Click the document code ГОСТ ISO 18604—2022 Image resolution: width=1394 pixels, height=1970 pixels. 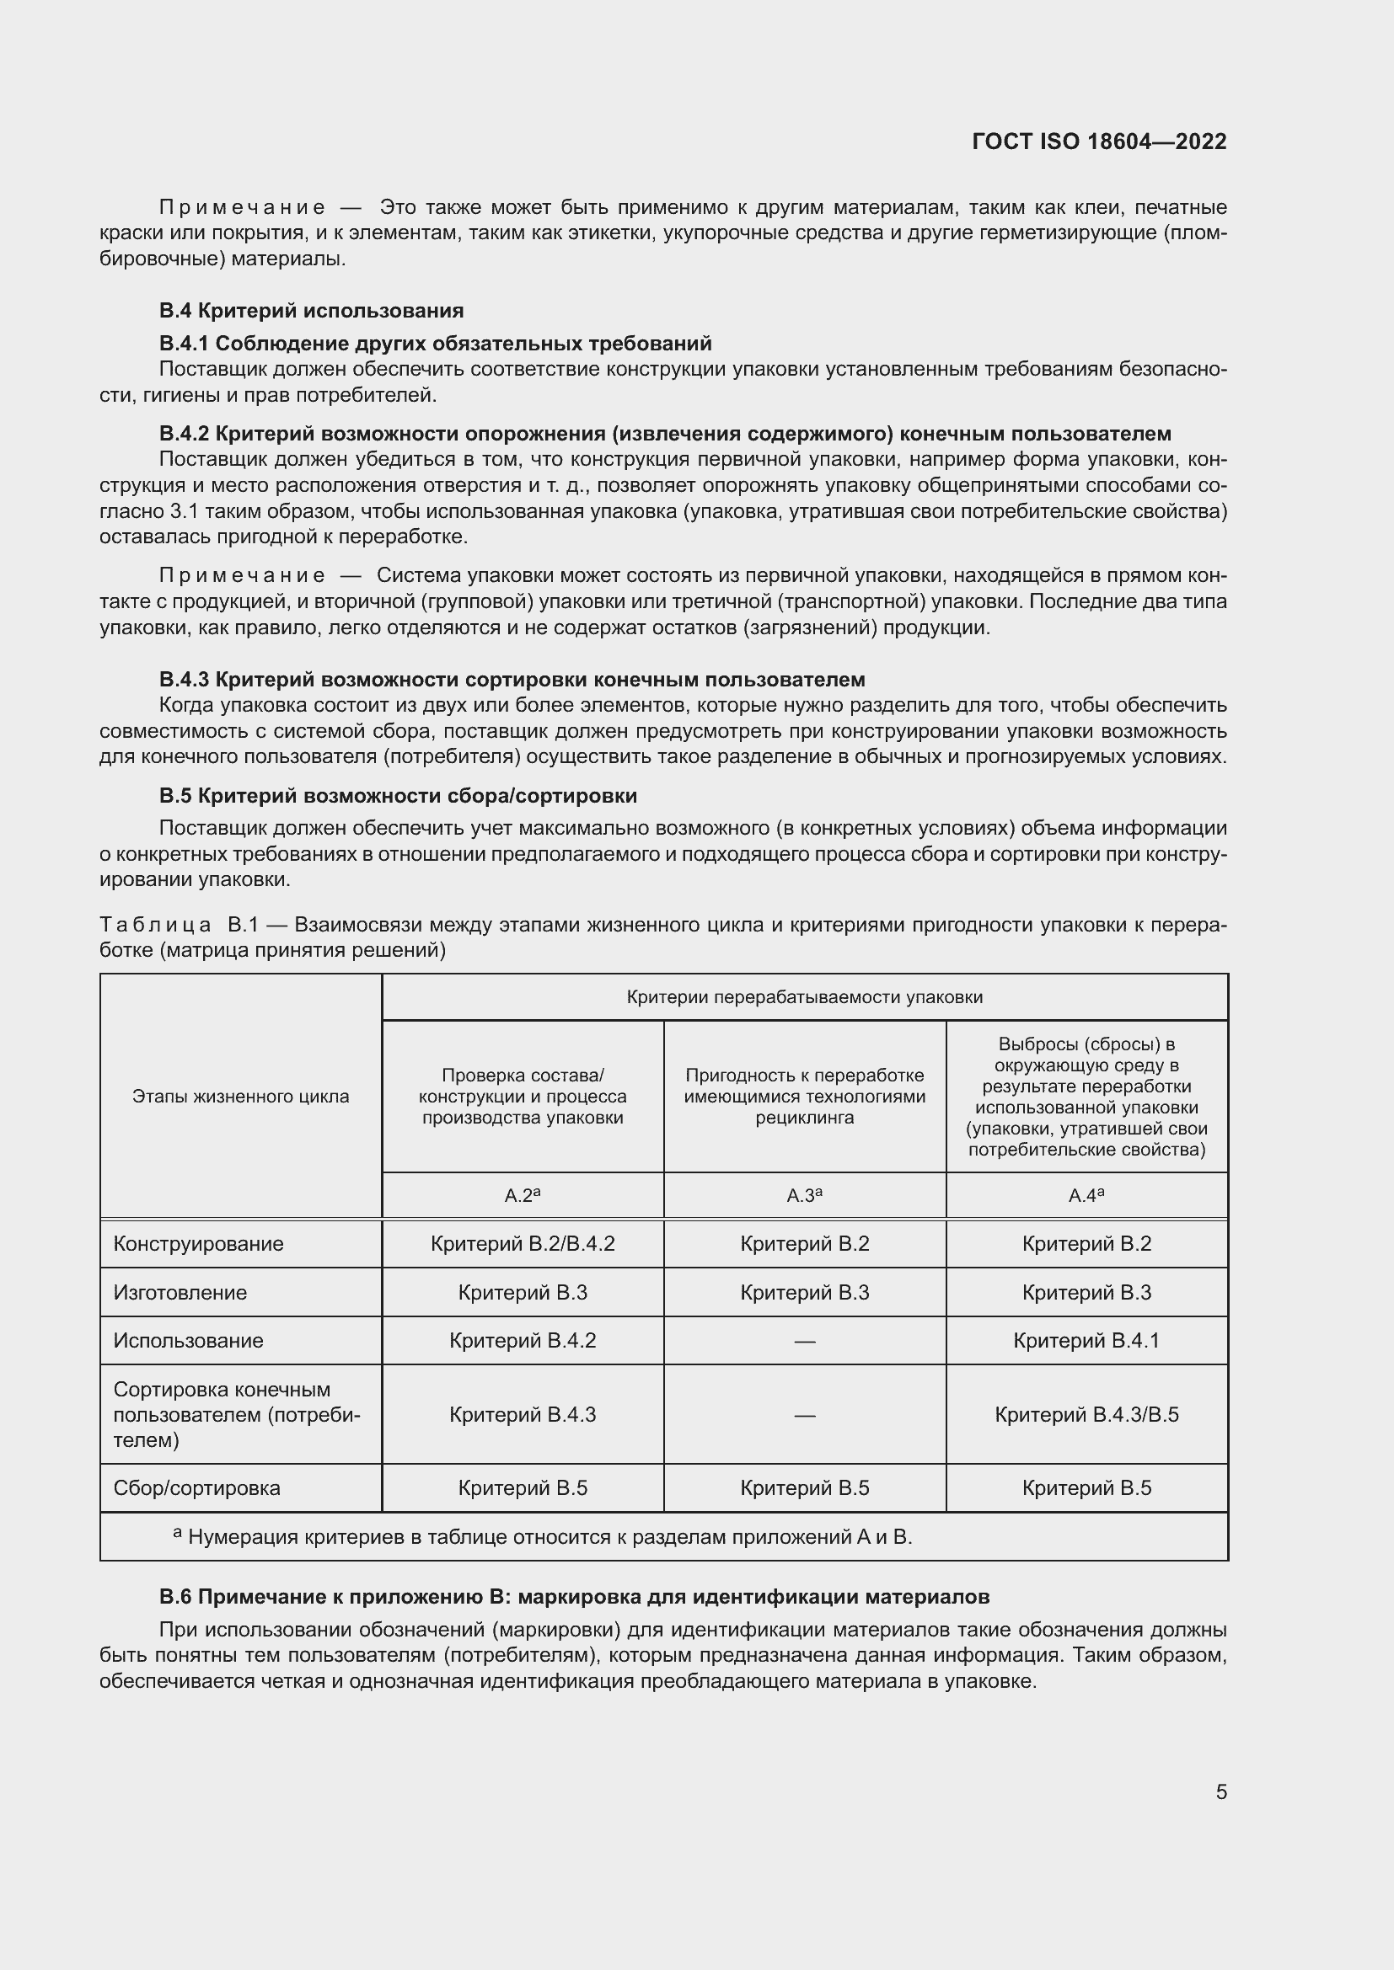1099,141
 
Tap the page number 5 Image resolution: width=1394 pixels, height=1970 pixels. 1220,1792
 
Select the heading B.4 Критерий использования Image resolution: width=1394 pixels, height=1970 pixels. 311,311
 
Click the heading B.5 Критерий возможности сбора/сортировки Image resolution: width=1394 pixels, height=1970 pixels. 398,795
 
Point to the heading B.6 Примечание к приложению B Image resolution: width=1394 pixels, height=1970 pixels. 573,1597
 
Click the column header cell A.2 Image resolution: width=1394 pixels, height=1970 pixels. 522,1195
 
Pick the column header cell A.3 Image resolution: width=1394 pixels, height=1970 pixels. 804,1195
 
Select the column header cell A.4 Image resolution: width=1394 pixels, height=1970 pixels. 1086,1195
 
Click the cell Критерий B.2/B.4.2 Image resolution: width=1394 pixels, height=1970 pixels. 522,1244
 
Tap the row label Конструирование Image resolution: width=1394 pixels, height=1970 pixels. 198,1244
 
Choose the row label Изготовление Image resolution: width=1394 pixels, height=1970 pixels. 180,1293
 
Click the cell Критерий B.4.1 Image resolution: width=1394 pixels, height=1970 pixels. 1086,1341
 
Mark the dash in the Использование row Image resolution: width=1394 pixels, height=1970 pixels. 804,1341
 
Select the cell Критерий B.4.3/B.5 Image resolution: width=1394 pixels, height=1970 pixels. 1086,1415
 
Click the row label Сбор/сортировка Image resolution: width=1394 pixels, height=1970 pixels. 196,1488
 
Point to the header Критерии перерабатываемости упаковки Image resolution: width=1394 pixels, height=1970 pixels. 804,997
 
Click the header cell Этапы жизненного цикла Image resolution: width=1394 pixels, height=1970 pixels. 240,1097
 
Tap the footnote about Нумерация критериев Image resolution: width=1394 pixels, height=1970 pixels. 550,1538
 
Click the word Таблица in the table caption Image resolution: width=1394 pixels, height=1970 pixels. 155,925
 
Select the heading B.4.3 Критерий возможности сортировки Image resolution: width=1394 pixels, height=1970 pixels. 512,680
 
